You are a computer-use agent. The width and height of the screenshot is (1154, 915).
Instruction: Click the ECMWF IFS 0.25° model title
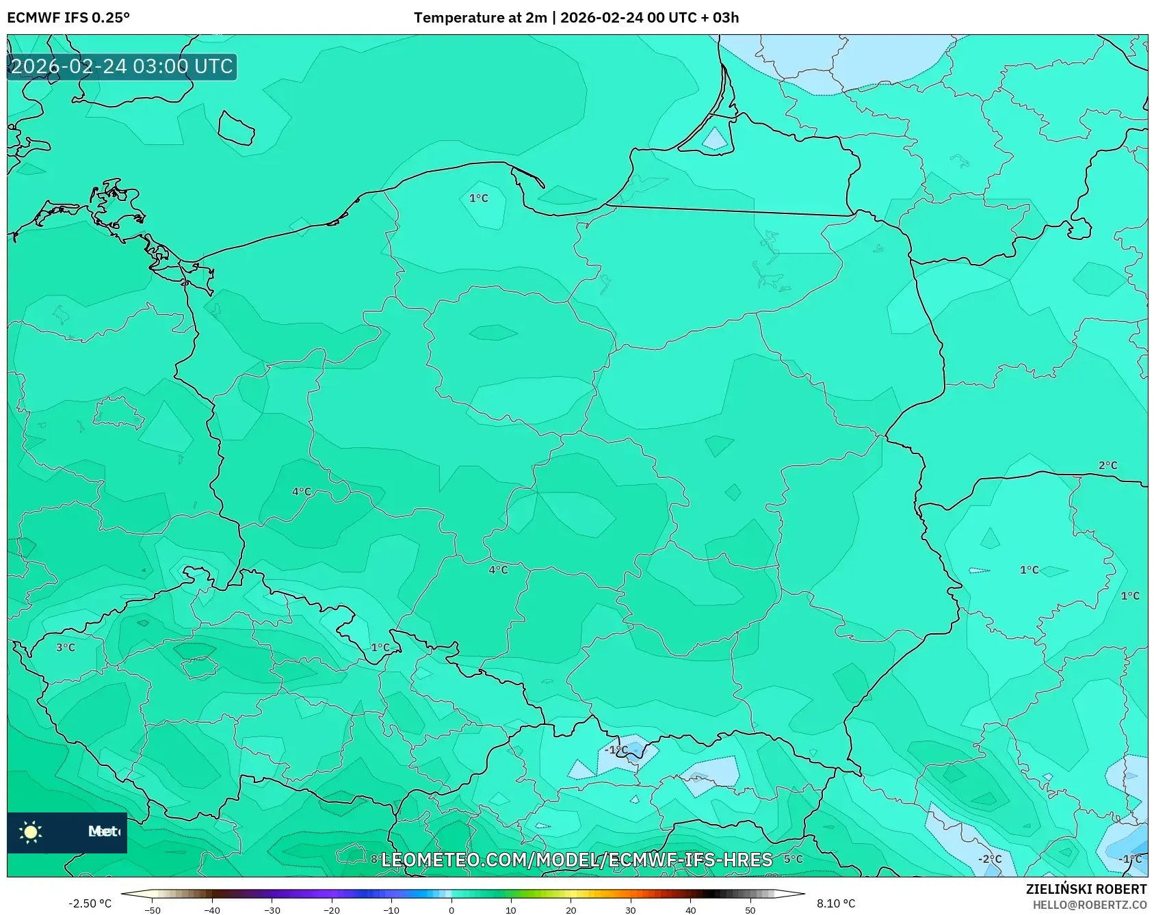click(x=68, y=18)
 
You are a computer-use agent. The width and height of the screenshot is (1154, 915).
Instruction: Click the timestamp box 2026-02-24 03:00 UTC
click(x=122, y=66)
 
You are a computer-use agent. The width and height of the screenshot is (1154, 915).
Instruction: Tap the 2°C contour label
click(x=1107, y=465)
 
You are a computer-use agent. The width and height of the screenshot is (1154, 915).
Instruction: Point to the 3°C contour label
click(x=66, y=647)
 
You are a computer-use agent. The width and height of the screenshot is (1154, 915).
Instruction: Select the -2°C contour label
click(x=989, y=859)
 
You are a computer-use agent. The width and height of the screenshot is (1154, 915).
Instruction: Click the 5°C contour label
click(x=793, y=859)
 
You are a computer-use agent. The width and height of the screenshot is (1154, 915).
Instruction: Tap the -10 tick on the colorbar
click(x=391, y=910)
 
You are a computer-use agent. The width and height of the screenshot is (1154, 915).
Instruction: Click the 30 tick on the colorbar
click(x=631, y=910)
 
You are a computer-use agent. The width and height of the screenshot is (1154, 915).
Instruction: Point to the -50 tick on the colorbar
click(x=152, y=910)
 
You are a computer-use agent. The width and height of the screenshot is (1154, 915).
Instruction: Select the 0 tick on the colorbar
click(x=451, y=910)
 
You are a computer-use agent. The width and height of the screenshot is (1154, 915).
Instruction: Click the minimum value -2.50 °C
click(x=90, y=903)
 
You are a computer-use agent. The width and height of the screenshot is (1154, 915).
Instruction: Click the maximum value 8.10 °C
click(x=836, y=903)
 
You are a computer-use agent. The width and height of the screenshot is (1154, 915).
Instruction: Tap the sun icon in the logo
click(x=31, y=832)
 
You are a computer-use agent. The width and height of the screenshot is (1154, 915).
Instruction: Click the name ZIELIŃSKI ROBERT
click(x=1086, y=889)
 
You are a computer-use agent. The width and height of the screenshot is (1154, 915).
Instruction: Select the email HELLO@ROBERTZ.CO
click(x=1089, y=905)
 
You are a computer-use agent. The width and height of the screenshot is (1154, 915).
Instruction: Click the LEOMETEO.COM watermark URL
click(x=576, y=860)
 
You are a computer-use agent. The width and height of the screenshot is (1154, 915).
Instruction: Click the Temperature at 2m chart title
click(x=576, y=18)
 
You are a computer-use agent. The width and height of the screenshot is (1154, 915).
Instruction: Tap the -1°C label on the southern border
click(x=616, y=750)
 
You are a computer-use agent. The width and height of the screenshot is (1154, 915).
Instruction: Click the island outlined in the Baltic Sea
click(x=236, y=128)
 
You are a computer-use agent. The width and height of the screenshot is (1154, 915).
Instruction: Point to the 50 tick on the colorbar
click(x=750, y=910)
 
